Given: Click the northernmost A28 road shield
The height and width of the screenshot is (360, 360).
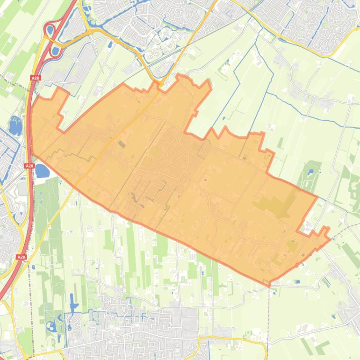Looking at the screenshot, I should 35,78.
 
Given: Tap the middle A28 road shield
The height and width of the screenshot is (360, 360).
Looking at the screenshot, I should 29,166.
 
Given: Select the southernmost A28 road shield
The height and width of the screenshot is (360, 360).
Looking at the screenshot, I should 21,257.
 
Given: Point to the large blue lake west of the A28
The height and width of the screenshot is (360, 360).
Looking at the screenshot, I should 15,125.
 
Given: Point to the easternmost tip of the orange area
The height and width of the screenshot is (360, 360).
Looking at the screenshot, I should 330,239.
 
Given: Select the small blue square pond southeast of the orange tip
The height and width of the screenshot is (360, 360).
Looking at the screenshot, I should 298,281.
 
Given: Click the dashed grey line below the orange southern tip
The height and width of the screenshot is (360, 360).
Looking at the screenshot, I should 269,318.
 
